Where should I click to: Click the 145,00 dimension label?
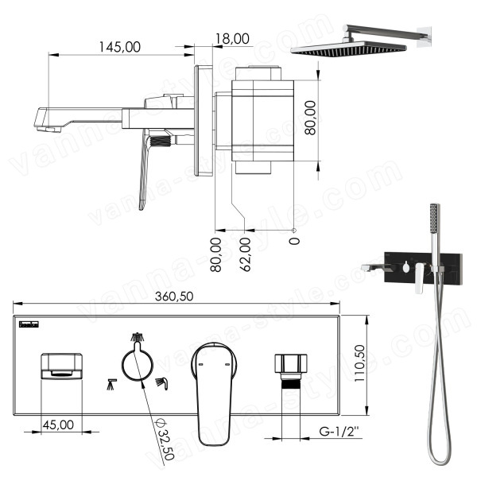click(x=120, y=47)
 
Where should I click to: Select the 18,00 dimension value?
click(x=232, y=39)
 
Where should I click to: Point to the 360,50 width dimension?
click(x=174, y=297)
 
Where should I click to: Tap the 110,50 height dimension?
click(x=360, y=363)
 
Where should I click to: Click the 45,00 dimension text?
click(x=58, y=425)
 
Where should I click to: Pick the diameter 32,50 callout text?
click(x=165, y=439)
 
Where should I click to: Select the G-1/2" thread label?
click(x=339, y=431)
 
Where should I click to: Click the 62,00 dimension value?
click(x=246, y=254)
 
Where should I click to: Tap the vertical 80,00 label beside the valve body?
click(x=310, y=118)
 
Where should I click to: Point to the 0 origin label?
click(x=294, y=241)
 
